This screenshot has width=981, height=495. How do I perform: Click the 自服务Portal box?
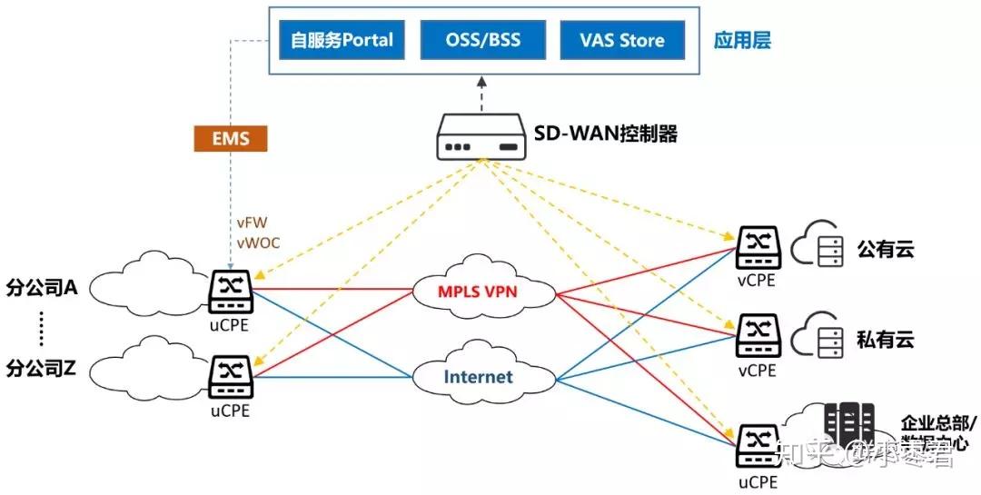(342, 40)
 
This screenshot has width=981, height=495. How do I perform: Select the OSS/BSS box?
(482, 40)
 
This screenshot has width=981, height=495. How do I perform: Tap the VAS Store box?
(622, 40)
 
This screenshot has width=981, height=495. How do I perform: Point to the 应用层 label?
(742, 41)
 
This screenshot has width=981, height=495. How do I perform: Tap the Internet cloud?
(478, 376)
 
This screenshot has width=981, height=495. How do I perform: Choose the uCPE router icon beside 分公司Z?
(231, 375)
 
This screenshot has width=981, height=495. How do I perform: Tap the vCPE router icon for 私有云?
(757, 336)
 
